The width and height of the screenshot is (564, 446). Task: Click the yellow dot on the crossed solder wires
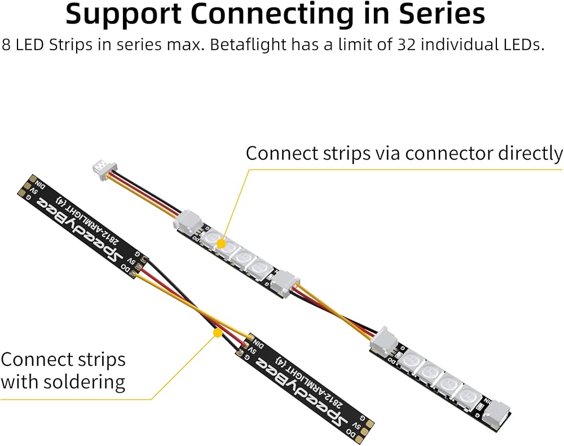coord(217,334)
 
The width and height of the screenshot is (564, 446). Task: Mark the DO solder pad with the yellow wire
coord(135,273)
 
